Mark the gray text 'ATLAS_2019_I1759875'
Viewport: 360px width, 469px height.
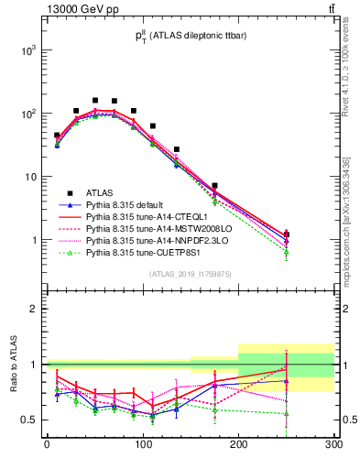191,274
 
